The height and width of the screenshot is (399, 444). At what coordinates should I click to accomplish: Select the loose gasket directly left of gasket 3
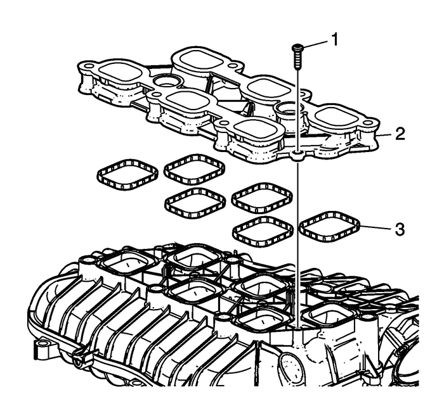click(x=261, y=229)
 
